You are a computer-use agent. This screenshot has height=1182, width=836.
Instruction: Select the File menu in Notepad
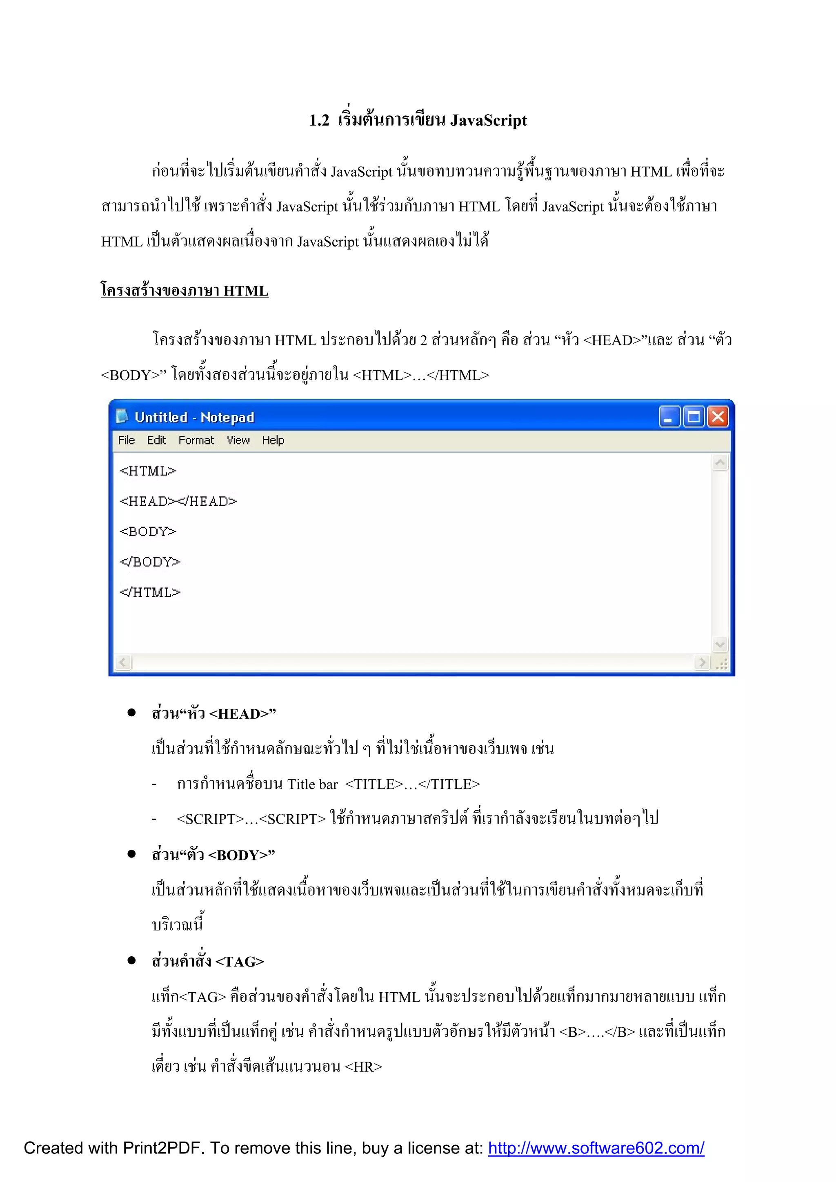pyautogui.click(x=126, y=440)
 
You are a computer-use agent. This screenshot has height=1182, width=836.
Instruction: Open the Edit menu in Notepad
pyautogui.click(x=156, y=440)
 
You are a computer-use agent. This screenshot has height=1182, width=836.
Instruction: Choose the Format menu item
pyautogui.click(x=196, y=440)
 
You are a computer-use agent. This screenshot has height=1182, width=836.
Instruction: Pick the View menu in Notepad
pyautogui.click(x=238, y=440)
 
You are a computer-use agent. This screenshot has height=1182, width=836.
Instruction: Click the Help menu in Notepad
pyautogui.click(x=273, y=440)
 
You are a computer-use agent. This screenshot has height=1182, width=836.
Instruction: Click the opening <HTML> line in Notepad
pyautogui.click(x=148, y=471)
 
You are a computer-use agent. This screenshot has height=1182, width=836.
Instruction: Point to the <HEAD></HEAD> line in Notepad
pyautogui.click(x=178, y=502)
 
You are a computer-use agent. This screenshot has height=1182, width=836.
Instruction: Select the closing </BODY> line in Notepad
pyautogui.click(x=150, y=562)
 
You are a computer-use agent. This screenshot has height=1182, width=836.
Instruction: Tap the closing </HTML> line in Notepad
pyautogui.click(x=150, y=592)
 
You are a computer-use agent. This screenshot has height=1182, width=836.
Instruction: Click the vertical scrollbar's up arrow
pyautogui.click(x=720, y=463)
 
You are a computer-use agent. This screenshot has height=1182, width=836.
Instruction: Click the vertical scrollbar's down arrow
pyautogui.click(x=720, y=644)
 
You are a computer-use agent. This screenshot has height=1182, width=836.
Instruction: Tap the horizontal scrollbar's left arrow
pyautogui.click(x=122, y=662)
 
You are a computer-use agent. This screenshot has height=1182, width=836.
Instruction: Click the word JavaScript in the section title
pyautogui.click(x=489, y=120)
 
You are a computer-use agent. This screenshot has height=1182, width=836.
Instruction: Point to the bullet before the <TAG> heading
pyautogui.click(x=132, y=960)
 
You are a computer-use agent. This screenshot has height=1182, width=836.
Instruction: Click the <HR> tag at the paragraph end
pyautogui.click(x=363, y=1066)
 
